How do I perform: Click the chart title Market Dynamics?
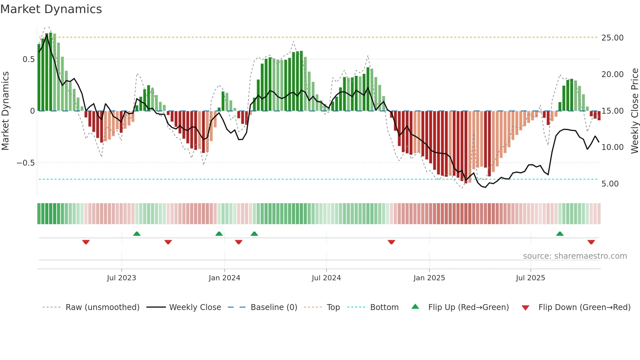(x=51, y=9)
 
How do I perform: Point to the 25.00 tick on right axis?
(x=612, y=38)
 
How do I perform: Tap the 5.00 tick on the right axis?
(x=610, y=184)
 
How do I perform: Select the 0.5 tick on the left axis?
(x=28, y=59)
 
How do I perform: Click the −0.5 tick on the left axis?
(x=25, y=163)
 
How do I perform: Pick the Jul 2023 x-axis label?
(x=121, y=278)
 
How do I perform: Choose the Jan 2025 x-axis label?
(x=429, y=278)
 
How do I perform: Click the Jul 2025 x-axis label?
(x=530, y=278)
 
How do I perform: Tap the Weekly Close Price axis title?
(x=634, y=111)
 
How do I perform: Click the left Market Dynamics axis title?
(x=5, y=111)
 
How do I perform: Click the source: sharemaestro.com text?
(x=575, y=256)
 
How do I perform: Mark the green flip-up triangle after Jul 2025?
(x=560, y=234)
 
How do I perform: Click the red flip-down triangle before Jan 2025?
(x=391, y=242)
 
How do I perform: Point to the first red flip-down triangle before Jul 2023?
(x=86, y=242)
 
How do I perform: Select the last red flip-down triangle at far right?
(x=591, y=242)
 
